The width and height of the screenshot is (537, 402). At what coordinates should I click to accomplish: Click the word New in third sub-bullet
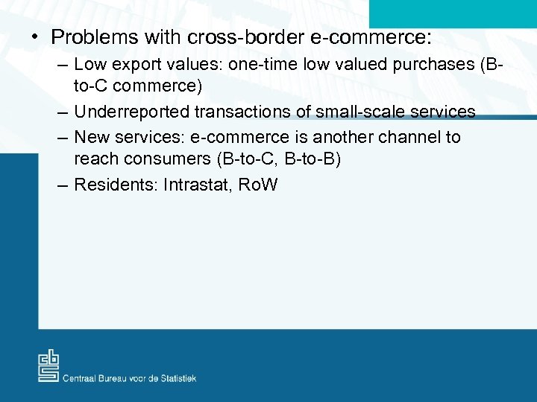point(92,137)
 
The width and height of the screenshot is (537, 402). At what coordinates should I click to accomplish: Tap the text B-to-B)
point(313,159)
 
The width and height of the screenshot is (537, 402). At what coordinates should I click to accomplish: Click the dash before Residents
point(63,185)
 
